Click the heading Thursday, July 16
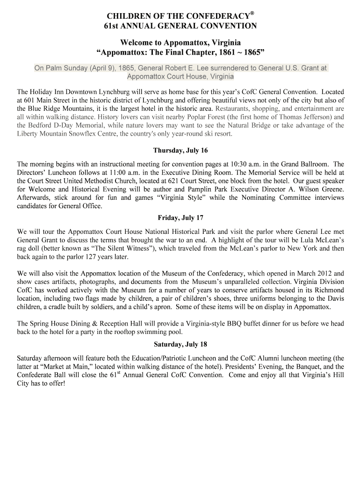click(x=180, y=151)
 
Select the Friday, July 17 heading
click(x=180, y=218)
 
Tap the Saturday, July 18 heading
click(x=180, y=345)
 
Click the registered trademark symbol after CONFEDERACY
click(x=252, y=13)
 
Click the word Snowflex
click(x=86, y=134)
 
